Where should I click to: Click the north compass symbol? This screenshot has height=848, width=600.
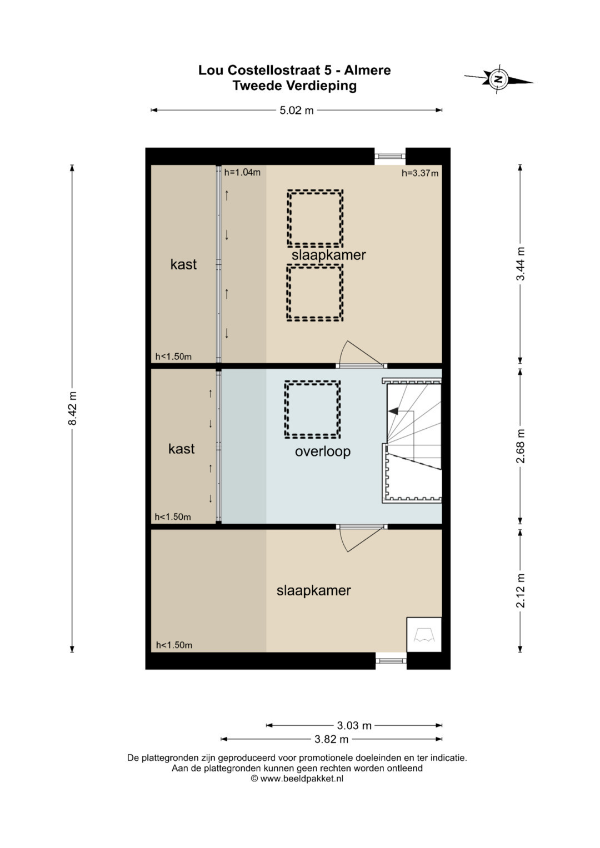[498, 79]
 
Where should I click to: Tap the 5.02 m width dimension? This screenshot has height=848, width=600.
[297, 110]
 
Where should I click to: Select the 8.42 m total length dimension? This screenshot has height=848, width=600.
[72, 409]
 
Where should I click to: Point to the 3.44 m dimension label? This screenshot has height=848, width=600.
[521, 263]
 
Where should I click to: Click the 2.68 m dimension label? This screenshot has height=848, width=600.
[521, 445]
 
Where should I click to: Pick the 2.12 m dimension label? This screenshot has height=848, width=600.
[521, 590]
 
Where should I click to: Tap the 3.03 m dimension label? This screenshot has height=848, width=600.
[354, 725]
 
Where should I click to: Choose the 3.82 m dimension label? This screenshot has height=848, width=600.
[332, 739]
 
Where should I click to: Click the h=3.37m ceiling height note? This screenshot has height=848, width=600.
[419, 173]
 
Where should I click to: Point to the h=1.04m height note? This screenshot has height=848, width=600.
[242, 173]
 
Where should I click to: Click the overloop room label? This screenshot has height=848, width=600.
[323, 451]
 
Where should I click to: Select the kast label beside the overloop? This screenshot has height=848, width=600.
[182, 449]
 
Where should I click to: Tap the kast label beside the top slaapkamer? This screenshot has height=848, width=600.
[183, 264]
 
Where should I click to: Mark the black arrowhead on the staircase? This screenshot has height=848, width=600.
[393, 411]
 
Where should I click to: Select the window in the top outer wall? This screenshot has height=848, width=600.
[390, 155]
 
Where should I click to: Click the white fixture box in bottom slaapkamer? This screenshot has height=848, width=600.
[424, 635]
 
